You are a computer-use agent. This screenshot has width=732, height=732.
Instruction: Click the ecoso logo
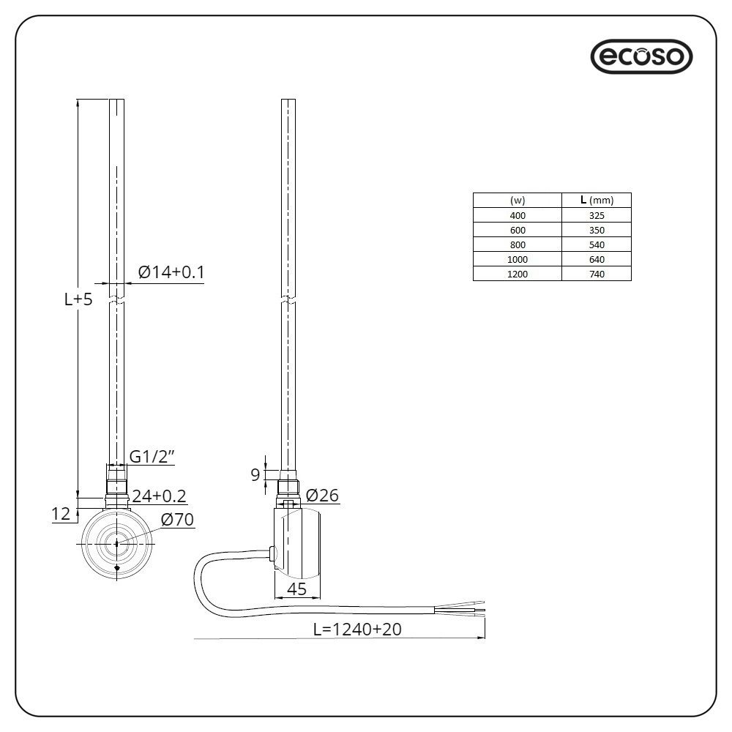[641, 57]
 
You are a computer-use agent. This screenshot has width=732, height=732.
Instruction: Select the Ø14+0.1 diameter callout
[171, 273]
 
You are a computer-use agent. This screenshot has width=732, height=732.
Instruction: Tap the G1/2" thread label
[153, 457]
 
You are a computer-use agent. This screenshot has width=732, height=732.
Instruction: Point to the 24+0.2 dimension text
[159, 496]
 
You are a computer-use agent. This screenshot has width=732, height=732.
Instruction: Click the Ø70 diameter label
[176, 520]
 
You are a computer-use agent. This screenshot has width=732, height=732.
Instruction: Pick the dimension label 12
[61, 515]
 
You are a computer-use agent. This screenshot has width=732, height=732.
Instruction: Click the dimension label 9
[255, 475]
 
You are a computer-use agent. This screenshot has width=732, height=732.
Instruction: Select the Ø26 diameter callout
[322, 496]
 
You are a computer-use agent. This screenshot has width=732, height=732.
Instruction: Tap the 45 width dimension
[296, 589]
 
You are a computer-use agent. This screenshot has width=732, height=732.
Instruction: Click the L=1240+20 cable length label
[357, 628]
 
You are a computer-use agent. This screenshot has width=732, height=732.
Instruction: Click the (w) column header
[517, 201]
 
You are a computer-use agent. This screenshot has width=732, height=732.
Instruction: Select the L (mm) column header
[596, 201]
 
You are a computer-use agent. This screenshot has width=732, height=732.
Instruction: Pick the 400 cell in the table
[517, 215]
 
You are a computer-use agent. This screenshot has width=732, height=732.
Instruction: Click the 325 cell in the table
[596, 215]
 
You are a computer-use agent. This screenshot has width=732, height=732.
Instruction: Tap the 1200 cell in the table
[517, 274]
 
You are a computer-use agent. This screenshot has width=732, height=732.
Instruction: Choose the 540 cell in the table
[596, 244]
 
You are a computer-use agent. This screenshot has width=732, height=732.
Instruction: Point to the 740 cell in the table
[596, 274]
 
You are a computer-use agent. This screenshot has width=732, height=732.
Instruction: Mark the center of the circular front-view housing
[116, 543]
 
